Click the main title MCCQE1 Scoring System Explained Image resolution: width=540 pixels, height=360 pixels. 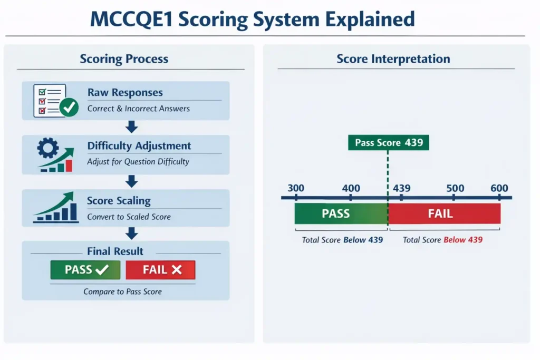pyautogui.click(x=252, y=19)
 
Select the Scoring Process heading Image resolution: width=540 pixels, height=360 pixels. pyautogui.click(x=124, y=59)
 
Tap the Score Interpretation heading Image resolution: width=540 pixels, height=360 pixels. pyautogui.click(x=393, y=59)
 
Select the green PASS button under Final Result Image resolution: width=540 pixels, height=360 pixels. pyautogui.click(x=86, y=270)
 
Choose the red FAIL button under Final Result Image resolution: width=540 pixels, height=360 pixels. pyautogui.click(x=161, y=270)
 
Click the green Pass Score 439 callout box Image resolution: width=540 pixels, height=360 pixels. pyautogui.click(x=389, y=142)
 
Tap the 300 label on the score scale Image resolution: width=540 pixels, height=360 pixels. pyautogui.click(x=296, y=188)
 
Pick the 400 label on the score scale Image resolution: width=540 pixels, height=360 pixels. pyautogui.click(x=351, y=188)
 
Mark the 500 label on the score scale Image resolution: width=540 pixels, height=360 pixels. pyautogui.click(x=455, y=188)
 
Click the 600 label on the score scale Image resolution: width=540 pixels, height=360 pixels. pyautogui.click(x=499, y=188)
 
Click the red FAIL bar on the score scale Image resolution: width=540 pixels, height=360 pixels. pyautogui.click(x=444, y=213)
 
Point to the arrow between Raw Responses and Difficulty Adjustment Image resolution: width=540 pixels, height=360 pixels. pyautogui.click(x=132, y=127)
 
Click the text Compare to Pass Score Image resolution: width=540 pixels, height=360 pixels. pyautogui.click(x=123, y=291)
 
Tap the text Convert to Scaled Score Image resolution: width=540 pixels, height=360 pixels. pyautogui.click(x=129, y=216)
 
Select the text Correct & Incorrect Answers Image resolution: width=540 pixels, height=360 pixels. pyautogui.click(x=138, y=109)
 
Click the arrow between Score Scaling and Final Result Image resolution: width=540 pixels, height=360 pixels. pyautogui.click(x=132, y=233)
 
